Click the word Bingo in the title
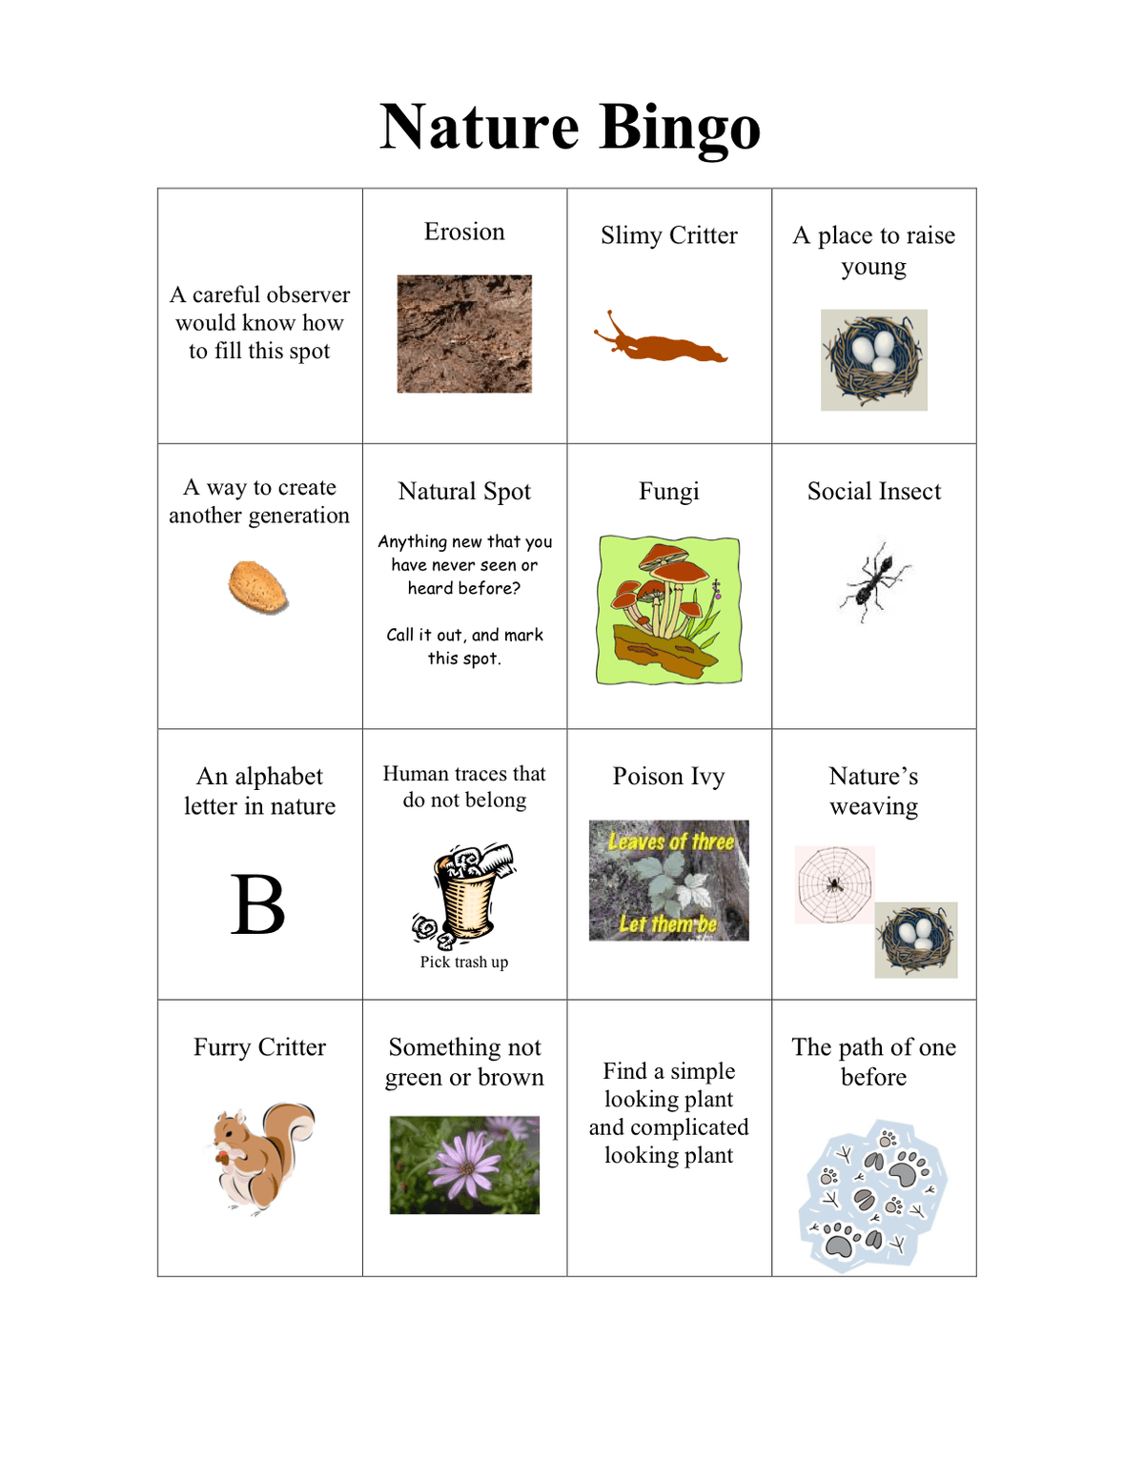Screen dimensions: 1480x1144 point(681,128)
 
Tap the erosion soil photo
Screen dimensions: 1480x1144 point(464,334)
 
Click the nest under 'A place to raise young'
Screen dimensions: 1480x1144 point(874,360)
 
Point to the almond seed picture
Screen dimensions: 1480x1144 point(258,586)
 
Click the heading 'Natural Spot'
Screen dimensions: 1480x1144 point(464,492)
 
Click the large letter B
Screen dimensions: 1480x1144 point(258,905)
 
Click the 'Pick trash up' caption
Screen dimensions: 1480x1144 point(464,963)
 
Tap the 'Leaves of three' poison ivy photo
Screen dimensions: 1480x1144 point(669,881)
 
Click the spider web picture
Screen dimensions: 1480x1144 point(835,884)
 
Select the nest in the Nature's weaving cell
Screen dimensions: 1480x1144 point(916,940)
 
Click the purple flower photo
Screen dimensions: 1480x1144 point(464,1165)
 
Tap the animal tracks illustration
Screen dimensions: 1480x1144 point(873,1196)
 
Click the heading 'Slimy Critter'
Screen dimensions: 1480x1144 point(669,235)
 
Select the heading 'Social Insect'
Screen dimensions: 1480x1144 point(874,492)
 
